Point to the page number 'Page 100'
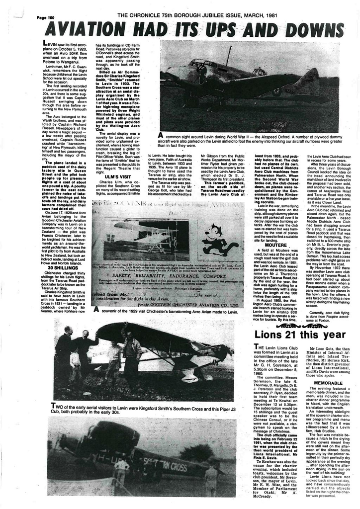coord(45,18)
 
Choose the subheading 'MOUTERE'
coord(275,245)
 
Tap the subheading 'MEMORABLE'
coord(328,383)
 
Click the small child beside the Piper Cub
coord(75,364)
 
